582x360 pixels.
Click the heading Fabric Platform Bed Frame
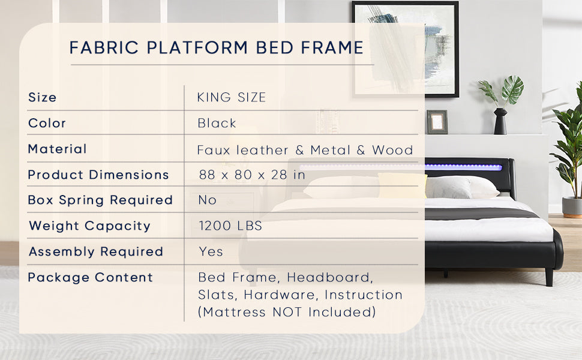(217, 47)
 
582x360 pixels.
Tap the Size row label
(42, 97)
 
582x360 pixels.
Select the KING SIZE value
(232, 97)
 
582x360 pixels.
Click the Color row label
(47, 123)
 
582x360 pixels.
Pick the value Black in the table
(217, 123)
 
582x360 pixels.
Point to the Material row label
(58, 149)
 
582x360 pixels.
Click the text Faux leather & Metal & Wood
(305, 150)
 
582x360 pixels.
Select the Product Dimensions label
(98, 175)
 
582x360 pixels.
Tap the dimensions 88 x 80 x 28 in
(252, 175)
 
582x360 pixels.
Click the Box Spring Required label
(100, 200)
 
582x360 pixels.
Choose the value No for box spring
(208, 200)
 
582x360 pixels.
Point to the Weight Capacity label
(89, 226)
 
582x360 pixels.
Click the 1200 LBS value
(230, 226)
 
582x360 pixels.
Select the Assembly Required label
(96, 251)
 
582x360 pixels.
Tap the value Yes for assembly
(211, 251)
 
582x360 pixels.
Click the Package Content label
(91, 277)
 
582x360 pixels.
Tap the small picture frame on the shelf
(437, 122)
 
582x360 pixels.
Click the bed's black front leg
(548, 277)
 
